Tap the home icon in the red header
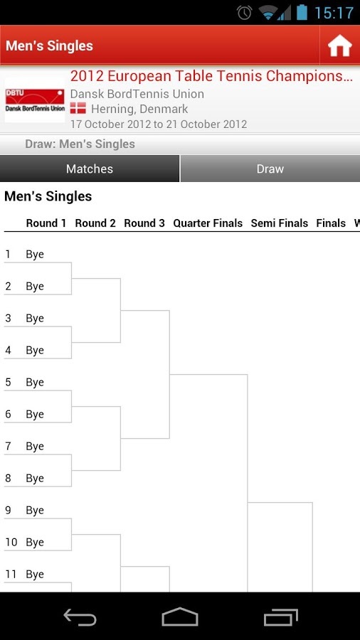click(339, 46)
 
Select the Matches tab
click(90, 169)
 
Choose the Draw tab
click(270, 169)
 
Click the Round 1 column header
click(46, 223)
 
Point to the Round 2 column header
click(95, 223)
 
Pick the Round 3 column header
click(144, 223)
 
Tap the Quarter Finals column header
click(208, 223)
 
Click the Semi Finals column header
click(280, 223)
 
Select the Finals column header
click(331, 223)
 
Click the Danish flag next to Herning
click(78, 109)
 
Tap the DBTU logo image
click(35, 101)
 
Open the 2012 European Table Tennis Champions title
click(211, 76)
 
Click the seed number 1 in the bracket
click(7, 255)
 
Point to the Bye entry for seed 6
click(35, 415)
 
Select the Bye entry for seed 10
click(35, 543)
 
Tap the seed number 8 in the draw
click(8, 479)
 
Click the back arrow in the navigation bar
click(80, 617)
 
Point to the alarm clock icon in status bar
click(245, 13)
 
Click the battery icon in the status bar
click(302, 12)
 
